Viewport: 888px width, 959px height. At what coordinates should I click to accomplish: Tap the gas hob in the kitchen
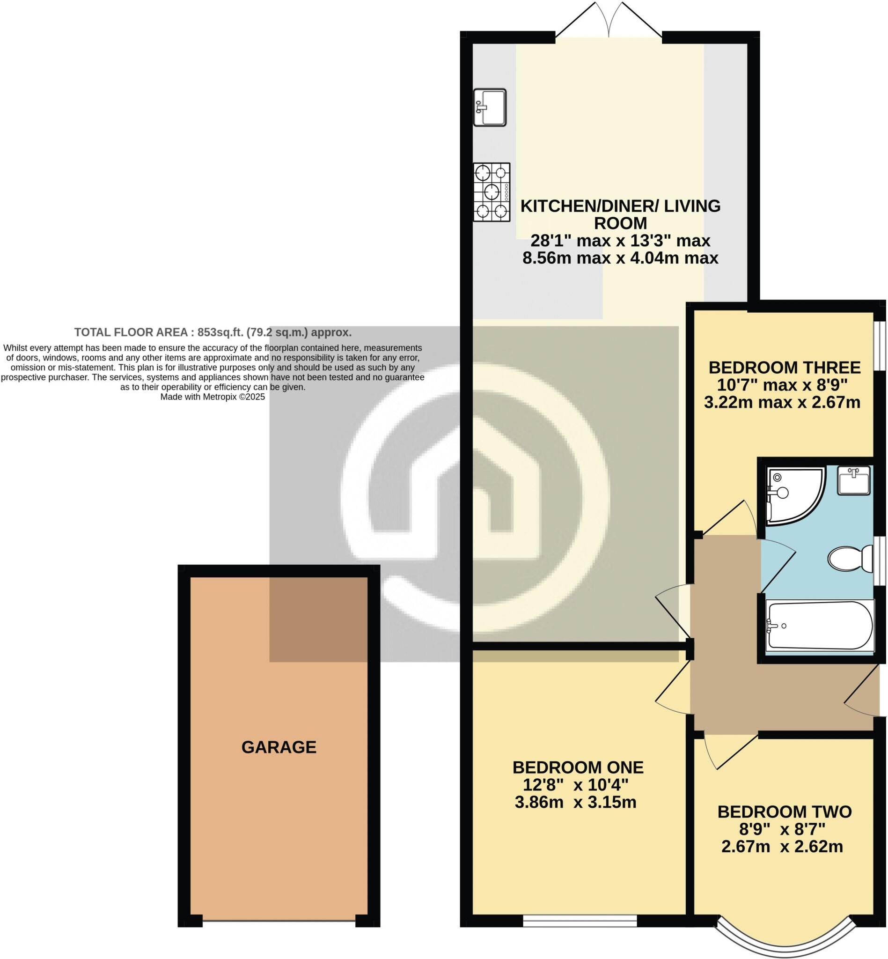click(492, 192)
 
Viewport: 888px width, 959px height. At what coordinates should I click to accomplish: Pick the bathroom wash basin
click(853, 480)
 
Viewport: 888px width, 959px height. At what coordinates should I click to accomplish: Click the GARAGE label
click(279, 747)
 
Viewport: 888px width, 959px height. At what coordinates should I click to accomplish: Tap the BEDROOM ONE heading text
click(578, 767)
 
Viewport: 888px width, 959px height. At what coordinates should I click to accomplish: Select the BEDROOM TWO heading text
click(785, 812)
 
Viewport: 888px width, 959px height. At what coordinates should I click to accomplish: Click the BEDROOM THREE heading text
click(785, 368)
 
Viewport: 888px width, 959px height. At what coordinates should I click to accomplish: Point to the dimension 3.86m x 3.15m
click(576, 802)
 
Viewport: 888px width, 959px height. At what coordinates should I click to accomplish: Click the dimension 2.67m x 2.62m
click(782, 847)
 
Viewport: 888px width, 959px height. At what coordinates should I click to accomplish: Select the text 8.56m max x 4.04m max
click(620, 258)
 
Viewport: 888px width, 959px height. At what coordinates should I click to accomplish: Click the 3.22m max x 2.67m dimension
click(782, 402)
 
